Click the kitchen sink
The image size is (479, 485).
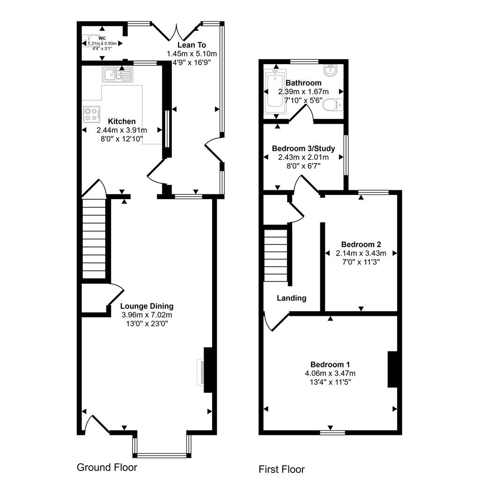118,75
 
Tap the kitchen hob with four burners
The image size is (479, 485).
91,114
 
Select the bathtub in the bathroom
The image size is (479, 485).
275,92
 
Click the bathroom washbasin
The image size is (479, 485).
331,70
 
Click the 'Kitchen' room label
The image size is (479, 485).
122,121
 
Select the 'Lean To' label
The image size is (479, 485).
192,45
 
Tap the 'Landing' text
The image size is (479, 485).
291,298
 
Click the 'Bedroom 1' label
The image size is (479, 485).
330,365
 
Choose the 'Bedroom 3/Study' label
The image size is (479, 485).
303,149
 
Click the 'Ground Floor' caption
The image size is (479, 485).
107,467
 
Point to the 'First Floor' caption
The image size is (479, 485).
281,470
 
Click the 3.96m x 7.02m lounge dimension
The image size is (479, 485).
147,315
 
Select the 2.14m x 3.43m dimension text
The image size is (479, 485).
361,254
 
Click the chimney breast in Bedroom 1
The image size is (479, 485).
392,369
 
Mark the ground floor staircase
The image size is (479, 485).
94,239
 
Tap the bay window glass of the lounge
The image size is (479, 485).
162,455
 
